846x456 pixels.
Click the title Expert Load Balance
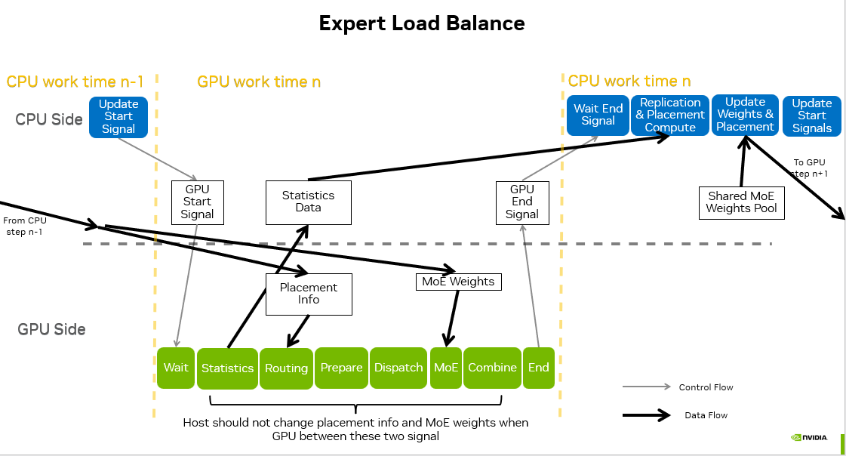pyautogui.click(x=421, y=23)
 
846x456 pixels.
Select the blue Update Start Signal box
pyautogui.click(x=118, y=117)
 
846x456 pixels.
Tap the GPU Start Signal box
pyautogui.click(x=197, y=202)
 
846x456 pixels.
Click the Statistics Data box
pyautogui.click(x=308, y=202)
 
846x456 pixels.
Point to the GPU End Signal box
pyautogui.click(x=521, y=202)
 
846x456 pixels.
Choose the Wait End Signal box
pyautogui.click(x=598, y=115)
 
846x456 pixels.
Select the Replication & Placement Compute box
pyautogui.click(x=670, y=115)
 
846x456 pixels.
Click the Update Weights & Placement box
pyautogui.click(x=745, y=115)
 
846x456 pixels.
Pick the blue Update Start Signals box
pyautogui.click(x=811, y=116)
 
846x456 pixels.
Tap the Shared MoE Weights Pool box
pyautogui.click(x=741, y=202)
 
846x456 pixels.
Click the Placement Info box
pyautogui.click(x=309, y=294)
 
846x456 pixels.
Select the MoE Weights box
pyautogui.click(x=458, y=282)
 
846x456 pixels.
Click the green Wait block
pyautogui.click(x=176, y=368)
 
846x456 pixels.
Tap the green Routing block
pyautogui.click(x=286, y=368)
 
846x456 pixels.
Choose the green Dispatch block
pyautogui.click(x=398, y=368)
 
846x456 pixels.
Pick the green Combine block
pyautogui.click(x=492, y=368)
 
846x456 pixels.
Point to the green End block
pyautogui.click(x=539, y=368)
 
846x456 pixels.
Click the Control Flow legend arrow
pyautogui.click(x=646, y=387)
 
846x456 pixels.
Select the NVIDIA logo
pyautogui.click(x=809, y=437)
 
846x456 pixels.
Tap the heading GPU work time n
pyautogui.click(x=259, y=82)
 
